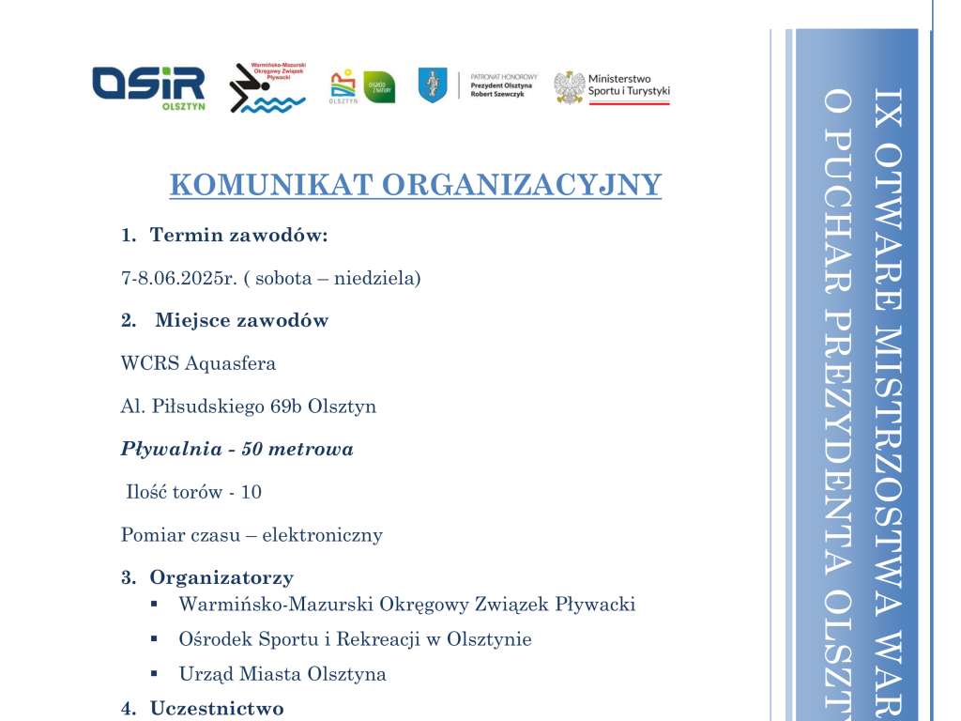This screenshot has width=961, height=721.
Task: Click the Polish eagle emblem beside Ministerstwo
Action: (569, 87)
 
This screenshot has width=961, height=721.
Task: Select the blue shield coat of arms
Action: (433, 85)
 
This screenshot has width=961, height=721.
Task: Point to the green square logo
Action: (379, 87)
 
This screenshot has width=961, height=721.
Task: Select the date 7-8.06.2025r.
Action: (175, 279)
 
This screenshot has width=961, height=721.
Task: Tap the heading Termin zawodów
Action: (238, 235)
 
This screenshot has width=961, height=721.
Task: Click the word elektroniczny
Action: (322, 535)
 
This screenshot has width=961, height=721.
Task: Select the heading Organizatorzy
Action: (221, 577)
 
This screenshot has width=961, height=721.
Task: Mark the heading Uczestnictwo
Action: (217, 709)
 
